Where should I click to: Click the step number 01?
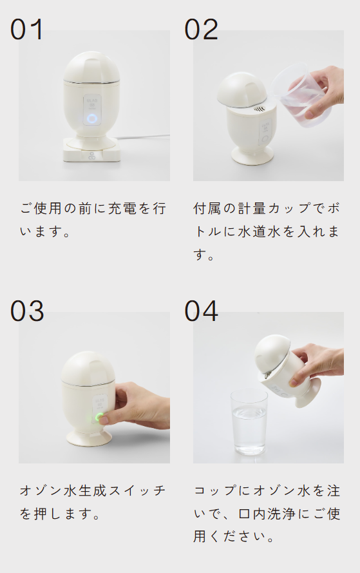click(27, 30)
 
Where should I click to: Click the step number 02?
click(202, 30)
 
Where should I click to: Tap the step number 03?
click(27, 311)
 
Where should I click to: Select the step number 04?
click(202, 311)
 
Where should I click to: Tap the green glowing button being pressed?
click(99, 417)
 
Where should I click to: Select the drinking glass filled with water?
click(249, 423)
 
